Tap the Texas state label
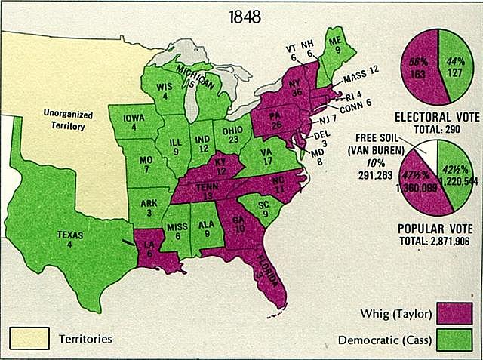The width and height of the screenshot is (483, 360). click(69, 239)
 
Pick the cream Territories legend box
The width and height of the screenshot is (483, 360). click(29, 337)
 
